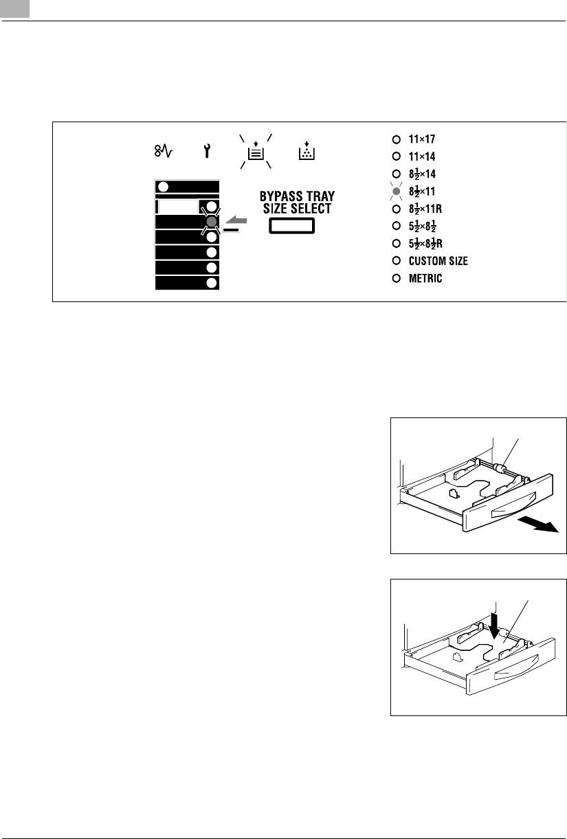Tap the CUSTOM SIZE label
[438, 261]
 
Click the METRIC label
[425, 279]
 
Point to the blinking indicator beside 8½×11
[396, 191]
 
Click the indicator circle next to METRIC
[396, 279]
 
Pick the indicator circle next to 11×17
[396, 138]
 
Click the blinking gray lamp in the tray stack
[212, 221]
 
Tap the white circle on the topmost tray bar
[163, 187]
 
